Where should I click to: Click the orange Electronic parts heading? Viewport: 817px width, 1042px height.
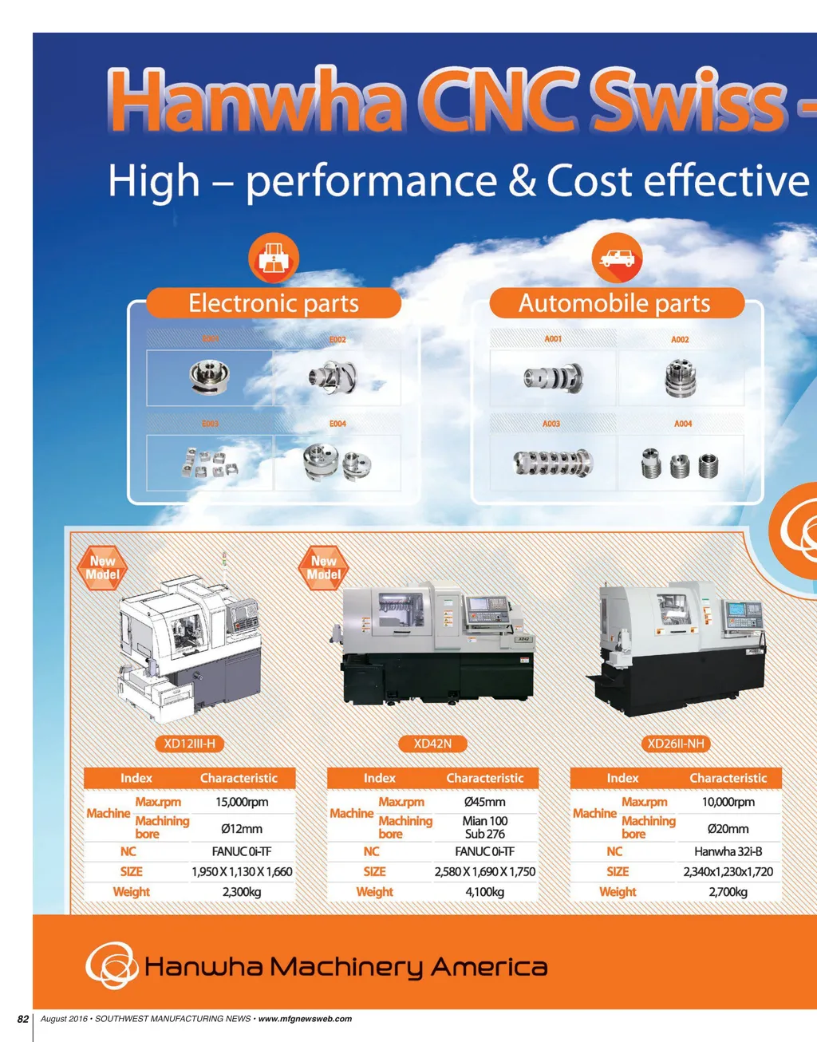(x=274, y=303)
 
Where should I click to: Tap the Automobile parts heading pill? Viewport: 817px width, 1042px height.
(x=614, y=303)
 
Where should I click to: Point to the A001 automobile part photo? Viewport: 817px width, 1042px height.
(x=553, y=377)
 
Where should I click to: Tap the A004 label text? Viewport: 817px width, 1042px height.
(x=683, y=424)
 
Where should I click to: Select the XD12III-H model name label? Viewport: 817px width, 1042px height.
(x=189, y=744)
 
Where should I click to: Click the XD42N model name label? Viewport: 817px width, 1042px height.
(x=432, y=744)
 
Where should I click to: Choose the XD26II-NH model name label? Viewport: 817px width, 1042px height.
(x=676, y=744)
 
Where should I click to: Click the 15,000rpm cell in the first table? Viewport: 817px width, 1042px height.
(x=242, y=802)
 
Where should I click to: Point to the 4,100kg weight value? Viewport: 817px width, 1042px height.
(x=485, y=892)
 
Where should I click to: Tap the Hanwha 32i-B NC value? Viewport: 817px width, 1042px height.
(x=728, y=851)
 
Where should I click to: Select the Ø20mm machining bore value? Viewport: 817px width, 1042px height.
(x=728, y=829)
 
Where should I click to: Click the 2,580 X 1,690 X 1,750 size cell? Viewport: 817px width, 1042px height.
(x=485, y=871)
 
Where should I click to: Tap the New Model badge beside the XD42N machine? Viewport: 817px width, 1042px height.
(x=323, y=568)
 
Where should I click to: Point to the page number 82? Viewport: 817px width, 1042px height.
(x=23, y=1019)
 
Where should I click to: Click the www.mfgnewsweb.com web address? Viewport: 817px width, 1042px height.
(x=305, y=1019)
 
